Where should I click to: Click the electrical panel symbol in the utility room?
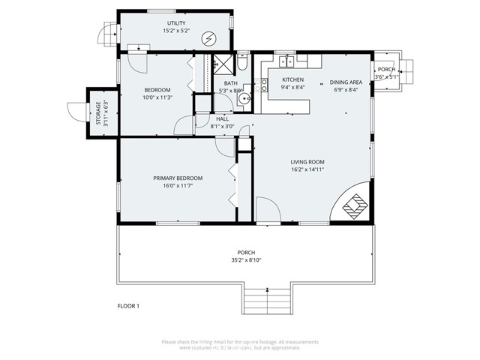[x=209, y=38]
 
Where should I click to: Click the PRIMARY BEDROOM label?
[x=178, y=178]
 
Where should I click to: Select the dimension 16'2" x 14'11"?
[x=307, y=169]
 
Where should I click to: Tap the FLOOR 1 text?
[x=129, y=306]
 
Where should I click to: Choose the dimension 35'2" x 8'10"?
[x=246, y=260]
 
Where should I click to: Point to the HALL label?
[x=223, y=118]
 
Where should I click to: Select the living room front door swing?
[x=266, y=210]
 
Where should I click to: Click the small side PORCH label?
[x=386, y=69]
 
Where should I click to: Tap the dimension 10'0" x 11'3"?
[x=157, y=97]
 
